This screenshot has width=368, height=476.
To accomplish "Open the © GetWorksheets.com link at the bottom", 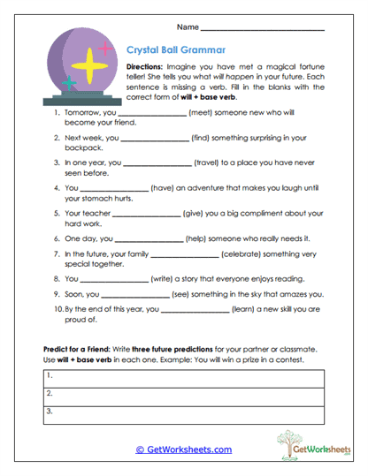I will click(x=183, y=449).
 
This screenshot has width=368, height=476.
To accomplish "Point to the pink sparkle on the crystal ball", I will click(x=105, y=49).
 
